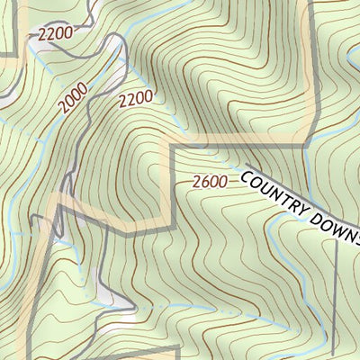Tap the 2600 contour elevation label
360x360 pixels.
(x=209, y=182)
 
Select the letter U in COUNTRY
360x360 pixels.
(x=264, y=185)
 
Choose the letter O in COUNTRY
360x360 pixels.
(x=254, y=180)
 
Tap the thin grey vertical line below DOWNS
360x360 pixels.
(x=335, y=297)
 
